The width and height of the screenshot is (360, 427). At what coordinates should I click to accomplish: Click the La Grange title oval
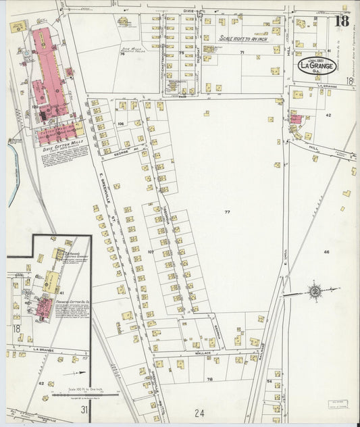(317, 66)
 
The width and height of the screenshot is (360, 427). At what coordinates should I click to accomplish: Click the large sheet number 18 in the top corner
(342, 21)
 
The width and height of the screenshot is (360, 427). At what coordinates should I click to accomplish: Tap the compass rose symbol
(314, 292)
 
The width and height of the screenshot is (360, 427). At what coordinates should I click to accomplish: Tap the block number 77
(227, 212)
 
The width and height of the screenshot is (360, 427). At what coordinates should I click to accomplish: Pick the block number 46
(326, 252)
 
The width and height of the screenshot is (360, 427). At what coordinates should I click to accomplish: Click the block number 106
(120, 124)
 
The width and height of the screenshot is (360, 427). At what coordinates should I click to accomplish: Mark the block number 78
(209, 379)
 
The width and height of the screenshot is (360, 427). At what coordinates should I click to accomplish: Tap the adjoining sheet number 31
(84, 409)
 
